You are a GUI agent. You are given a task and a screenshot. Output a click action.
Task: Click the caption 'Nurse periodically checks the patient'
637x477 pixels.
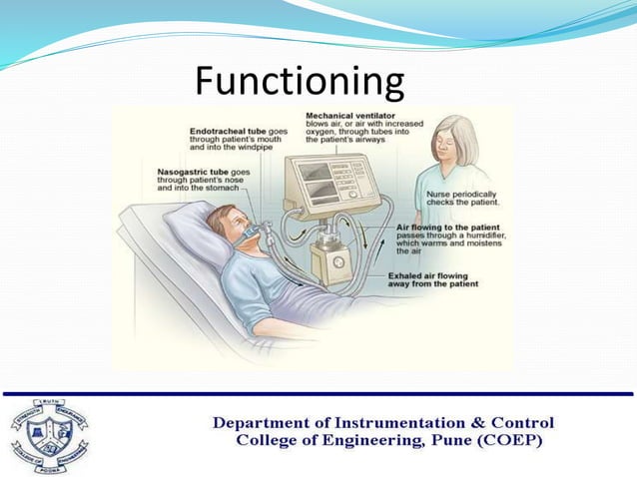click(x=463, y=197)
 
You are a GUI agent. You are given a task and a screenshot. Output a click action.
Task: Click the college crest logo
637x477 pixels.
click(x=49, y=434)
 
